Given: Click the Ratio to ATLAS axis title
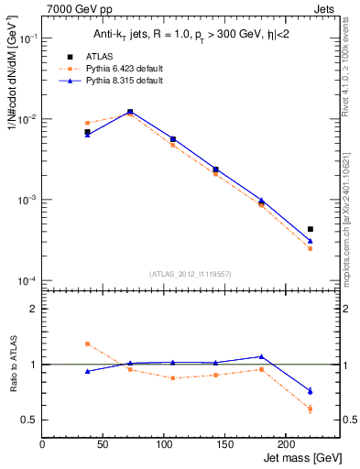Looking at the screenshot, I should pos(12,365).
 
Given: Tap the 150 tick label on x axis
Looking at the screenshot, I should pos(224,443).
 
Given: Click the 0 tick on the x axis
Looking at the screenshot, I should pos(42,443).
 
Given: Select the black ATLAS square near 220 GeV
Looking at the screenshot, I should pos(310,229).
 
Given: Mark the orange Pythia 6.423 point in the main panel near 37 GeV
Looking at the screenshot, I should pos(87,123).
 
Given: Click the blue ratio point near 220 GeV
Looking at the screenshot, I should pos(310,391).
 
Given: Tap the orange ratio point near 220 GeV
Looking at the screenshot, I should pos(310,409).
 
